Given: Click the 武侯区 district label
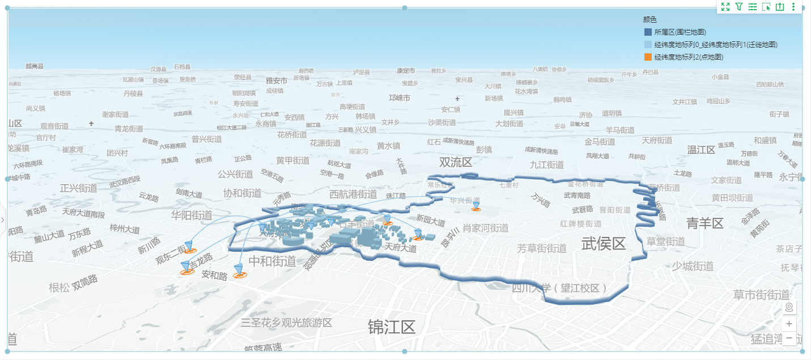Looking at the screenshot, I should point(604,243).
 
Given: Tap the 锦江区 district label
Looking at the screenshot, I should point(392,327).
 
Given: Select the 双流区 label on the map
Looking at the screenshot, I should point(456,163).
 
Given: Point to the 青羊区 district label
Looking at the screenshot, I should point(705,223).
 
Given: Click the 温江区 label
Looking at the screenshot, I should point(701,150).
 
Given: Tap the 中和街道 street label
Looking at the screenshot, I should point(273,261).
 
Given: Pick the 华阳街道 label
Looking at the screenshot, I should point(192,215).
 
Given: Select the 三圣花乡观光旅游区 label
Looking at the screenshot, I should point(286,323).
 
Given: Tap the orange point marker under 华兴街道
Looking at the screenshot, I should point(476,209).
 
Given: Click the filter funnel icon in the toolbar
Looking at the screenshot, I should point(739,7).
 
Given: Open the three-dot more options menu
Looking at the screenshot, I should point(793,7).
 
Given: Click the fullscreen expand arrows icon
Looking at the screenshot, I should point(725,7).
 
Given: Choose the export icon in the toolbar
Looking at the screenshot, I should point(780,7).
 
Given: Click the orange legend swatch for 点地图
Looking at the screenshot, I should point(648,57).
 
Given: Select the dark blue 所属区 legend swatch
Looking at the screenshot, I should point(648,32).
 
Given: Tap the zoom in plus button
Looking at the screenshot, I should point(789,324).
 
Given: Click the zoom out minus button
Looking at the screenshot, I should point(789,338).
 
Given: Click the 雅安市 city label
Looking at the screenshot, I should point(277,81).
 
